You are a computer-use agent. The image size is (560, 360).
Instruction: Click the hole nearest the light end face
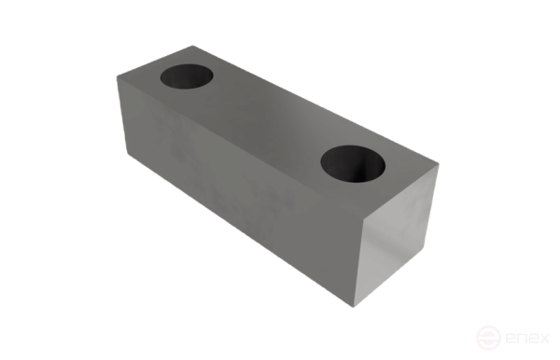[x=353, y=164]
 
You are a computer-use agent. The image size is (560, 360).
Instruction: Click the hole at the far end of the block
[x=187, y=76]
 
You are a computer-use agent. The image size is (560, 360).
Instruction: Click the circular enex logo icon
[x=488, y=338]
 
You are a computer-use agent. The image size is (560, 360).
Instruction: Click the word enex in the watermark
[x=527, y=338]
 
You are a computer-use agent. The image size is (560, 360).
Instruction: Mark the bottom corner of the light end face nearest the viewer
[x=354, y=307]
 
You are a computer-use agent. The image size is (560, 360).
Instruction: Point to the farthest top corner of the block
[x=193, y=46]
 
